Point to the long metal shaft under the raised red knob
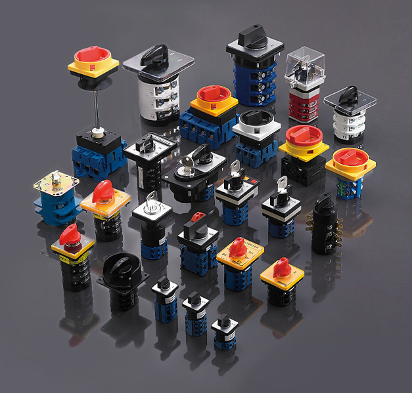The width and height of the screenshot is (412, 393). tap(97, 105)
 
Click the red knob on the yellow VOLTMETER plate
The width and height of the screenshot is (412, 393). tap(239, 247)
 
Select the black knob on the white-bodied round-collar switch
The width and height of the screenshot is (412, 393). tap(255, 118)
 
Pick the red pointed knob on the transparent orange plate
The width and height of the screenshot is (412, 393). tap(102, 192)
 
